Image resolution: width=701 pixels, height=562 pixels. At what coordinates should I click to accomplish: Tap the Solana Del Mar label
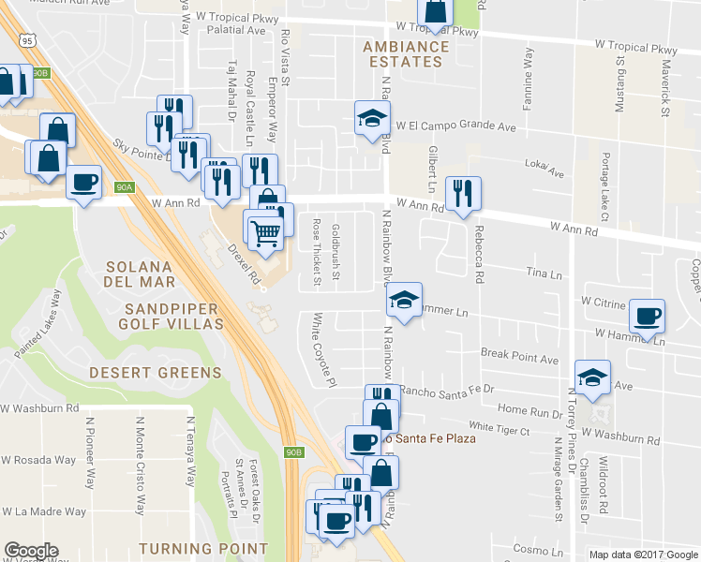(x=141, y=274)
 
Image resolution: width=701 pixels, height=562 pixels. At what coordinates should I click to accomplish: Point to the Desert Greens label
(x=156, y=372)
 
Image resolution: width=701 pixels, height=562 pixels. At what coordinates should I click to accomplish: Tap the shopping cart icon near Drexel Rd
(x=266, y=229)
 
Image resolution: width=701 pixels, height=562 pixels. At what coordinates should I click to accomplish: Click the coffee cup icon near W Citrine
(x=648, y=316)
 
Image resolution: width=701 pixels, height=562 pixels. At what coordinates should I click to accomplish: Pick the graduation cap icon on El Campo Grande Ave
(x=372, y=118)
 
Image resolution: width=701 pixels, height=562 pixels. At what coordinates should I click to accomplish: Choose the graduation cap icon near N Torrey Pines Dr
(x=592, y=377)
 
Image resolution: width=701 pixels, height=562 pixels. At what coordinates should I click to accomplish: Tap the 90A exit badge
(x=126, y=187)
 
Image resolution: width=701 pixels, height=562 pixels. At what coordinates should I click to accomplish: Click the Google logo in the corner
(x=31, y=551)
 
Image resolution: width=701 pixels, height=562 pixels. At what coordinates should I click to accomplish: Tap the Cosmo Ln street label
(x=537, y=549)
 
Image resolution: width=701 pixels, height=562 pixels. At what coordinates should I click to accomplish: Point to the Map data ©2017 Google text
(x=643, y=555)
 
